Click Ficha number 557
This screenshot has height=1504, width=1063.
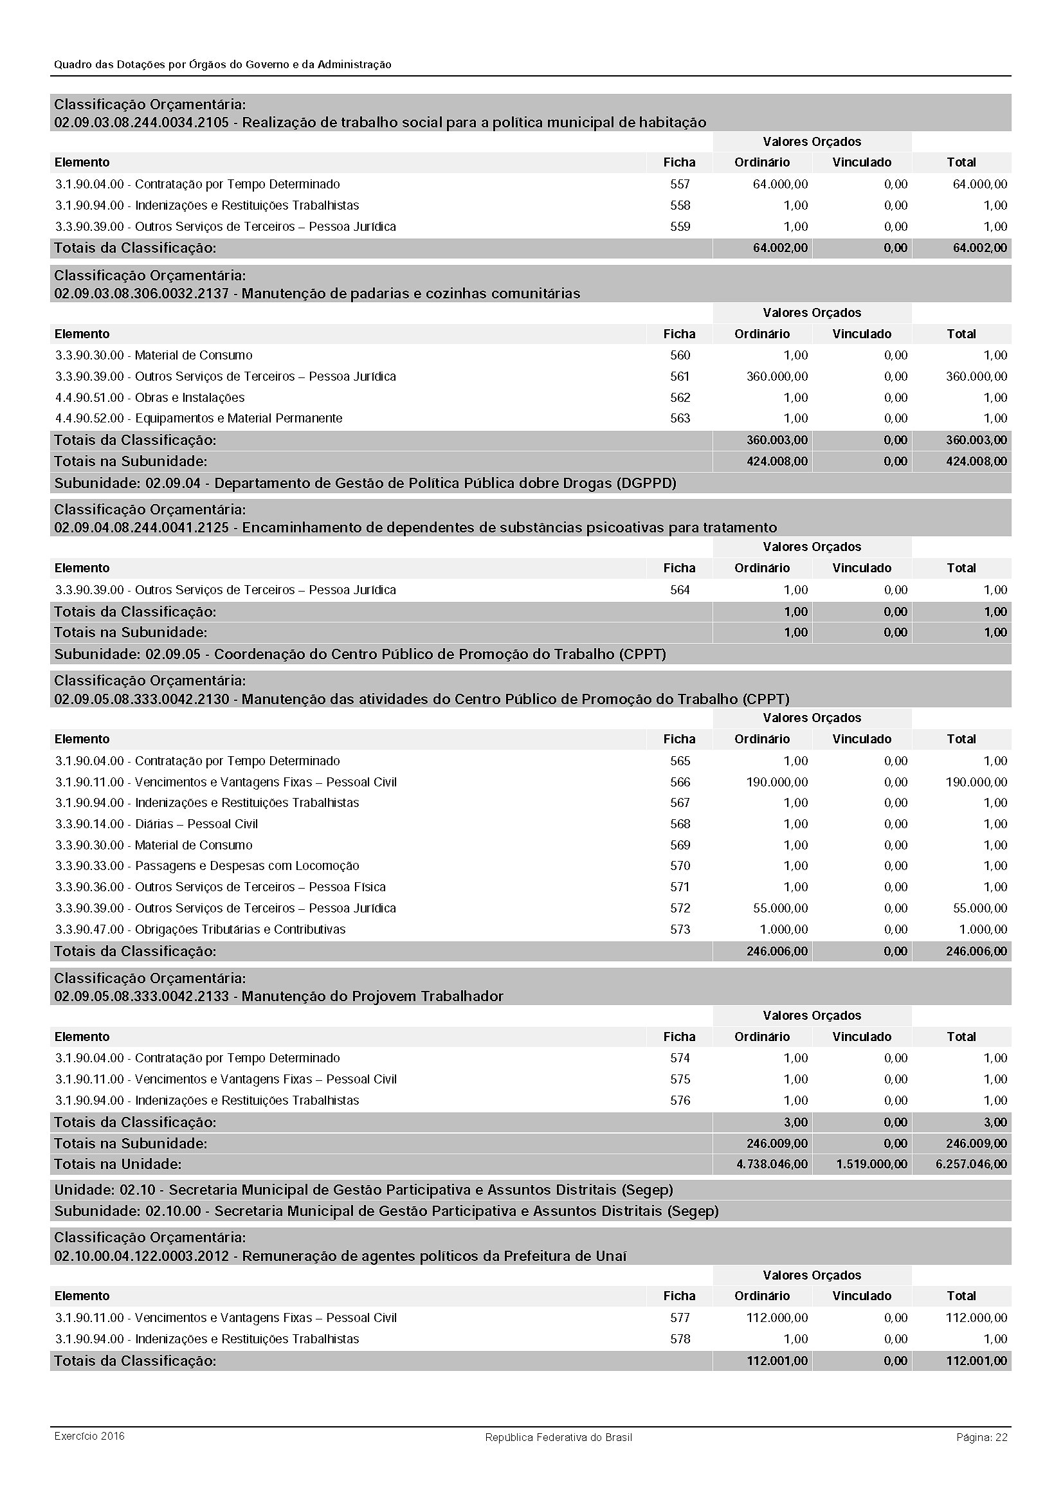pos(680,184)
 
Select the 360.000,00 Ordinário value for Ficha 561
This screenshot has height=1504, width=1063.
pos(777,376)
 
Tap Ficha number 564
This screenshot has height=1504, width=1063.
pos(680,590)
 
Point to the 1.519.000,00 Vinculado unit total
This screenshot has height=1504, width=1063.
pos(872,1164)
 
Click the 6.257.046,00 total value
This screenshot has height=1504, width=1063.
pos(971,1164)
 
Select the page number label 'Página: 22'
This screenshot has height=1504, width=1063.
pos(982,1437)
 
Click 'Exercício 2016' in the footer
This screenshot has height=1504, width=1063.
pos(89,1436)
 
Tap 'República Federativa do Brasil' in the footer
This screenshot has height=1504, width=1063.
pos(558,1437)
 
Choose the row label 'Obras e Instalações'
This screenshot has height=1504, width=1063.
pos(189,397)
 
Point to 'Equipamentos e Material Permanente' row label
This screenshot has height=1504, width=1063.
pos(239,418)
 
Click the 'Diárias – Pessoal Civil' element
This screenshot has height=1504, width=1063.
pos(197,824)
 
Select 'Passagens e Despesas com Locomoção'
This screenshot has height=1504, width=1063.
pos(247,865)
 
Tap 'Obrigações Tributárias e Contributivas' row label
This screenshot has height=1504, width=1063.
pos(240,929)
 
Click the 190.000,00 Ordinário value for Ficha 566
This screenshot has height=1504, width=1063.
pos(777,781)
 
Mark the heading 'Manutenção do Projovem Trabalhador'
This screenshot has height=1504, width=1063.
pos(372,996)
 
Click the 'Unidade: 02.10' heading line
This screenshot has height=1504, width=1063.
pos(363,1190)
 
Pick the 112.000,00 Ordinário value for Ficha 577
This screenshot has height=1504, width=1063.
pos(777,1318)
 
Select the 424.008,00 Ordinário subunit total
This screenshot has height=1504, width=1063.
pos(777,461)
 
